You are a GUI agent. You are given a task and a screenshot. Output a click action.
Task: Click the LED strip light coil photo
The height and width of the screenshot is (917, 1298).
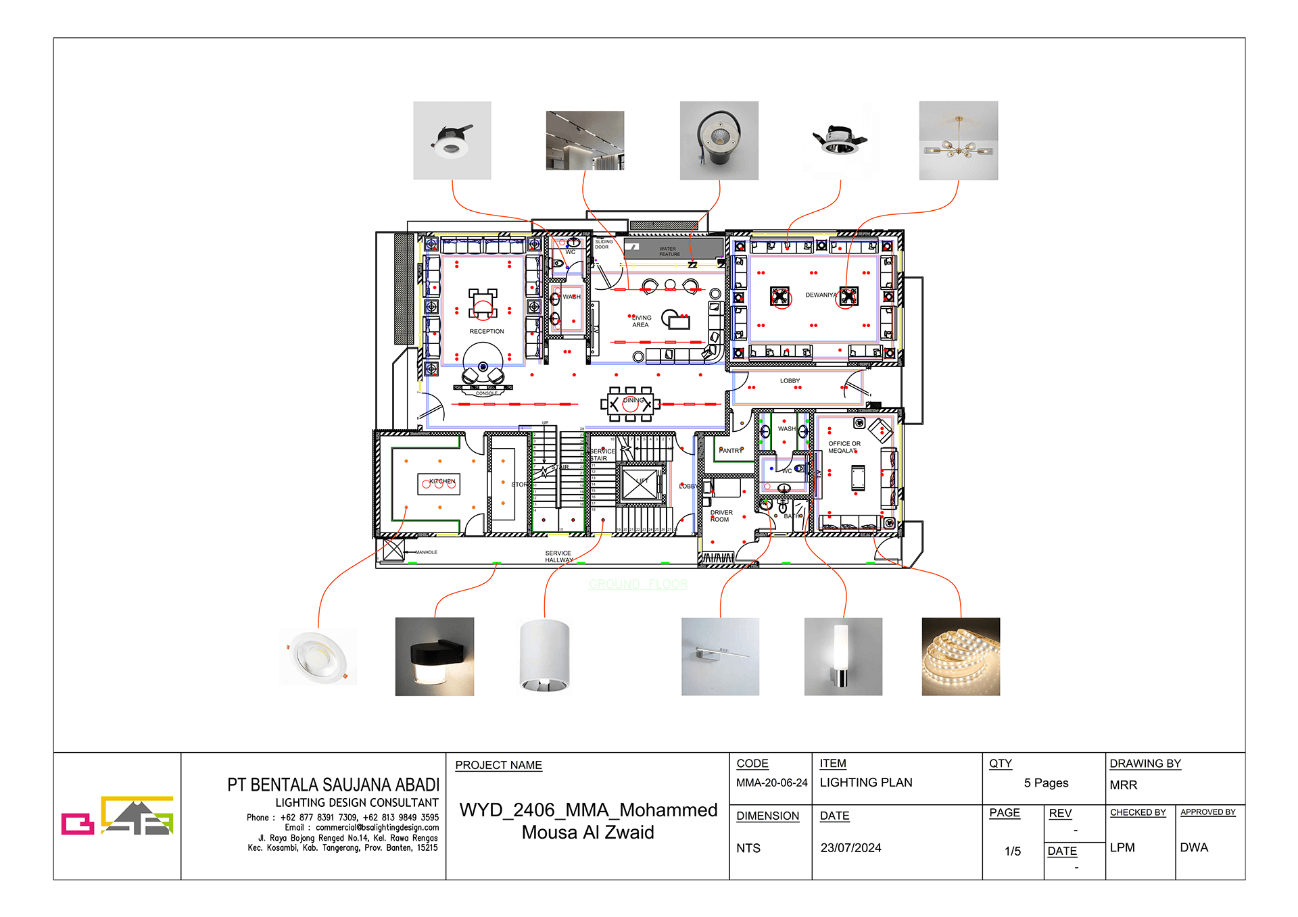(x=961, y=656)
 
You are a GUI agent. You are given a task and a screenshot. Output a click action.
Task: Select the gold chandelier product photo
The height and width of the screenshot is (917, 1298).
(x=958, y=141)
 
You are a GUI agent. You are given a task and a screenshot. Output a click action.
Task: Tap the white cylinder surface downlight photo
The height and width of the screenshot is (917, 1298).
(x=544, y=656)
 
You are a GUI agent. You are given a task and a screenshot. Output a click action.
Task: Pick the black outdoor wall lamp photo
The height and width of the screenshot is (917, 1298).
(x=434, y=656)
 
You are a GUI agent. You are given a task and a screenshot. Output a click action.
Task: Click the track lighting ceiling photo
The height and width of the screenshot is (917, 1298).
(x=585, y=141)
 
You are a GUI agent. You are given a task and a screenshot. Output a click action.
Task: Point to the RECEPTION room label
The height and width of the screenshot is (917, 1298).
(x=487, y=331)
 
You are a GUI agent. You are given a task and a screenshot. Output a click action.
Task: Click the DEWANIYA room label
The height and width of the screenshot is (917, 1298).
(x=820, y=295)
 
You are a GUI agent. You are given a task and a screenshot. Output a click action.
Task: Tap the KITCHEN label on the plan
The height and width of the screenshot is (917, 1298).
(x=442, y=481)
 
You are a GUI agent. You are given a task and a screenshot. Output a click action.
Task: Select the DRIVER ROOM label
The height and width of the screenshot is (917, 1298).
(x=721, y=516)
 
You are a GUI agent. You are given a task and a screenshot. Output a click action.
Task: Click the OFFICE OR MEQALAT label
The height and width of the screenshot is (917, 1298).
(x=844, y=447)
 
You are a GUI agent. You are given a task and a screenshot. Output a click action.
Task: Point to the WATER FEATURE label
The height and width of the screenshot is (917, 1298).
(x=669, y=251)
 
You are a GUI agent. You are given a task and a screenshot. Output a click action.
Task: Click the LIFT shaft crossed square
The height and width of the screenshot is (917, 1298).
(x=640, y=484)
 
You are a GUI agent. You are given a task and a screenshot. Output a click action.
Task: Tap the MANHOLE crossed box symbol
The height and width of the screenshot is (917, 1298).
(x=393, y=549)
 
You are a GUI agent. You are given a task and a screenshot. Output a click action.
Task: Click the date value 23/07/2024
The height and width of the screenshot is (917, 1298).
(x=850, y=847)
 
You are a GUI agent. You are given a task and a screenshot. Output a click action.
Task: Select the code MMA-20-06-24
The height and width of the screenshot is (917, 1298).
(x=771, y=783)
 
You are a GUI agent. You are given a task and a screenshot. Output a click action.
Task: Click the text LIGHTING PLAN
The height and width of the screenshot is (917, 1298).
(x=865, y=783)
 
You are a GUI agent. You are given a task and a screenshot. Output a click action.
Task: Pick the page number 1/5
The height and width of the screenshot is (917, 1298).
(x=1012, y=851)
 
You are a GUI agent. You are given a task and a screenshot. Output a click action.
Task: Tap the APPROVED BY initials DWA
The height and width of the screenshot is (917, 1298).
(x=1193, y=847)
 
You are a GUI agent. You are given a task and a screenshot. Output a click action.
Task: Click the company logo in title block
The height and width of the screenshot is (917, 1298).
(x=118, y=816)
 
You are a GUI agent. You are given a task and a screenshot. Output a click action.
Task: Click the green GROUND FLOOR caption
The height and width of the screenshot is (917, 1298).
(x=638, y=584)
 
